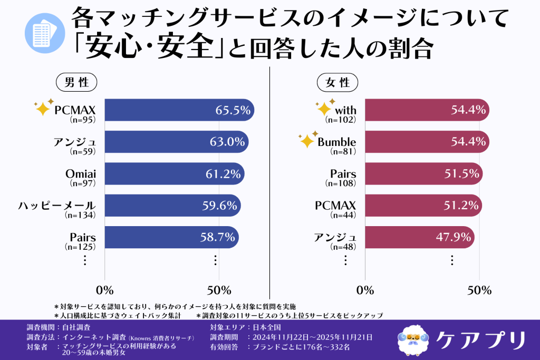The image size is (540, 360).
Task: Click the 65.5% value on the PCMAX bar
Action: click(232, 110)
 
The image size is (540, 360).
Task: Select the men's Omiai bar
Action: click(174, 173)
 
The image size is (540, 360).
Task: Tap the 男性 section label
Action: click(76, 82)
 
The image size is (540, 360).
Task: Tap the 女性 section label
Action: click(337, 82)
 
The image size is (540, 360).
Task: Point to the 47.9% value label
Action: click(454, 237)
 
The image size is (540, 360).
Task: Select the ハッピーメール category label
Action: click(57, 205)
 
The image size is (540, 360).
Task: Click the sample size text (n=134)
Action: click(80, 215)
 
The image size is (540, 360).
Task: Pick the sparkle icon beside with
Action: click(324, 108)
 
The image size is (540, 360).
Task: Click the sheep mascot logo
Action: click(413, 338)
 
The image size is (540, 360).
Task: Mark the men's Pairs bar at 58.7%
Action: click(171, 237)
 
